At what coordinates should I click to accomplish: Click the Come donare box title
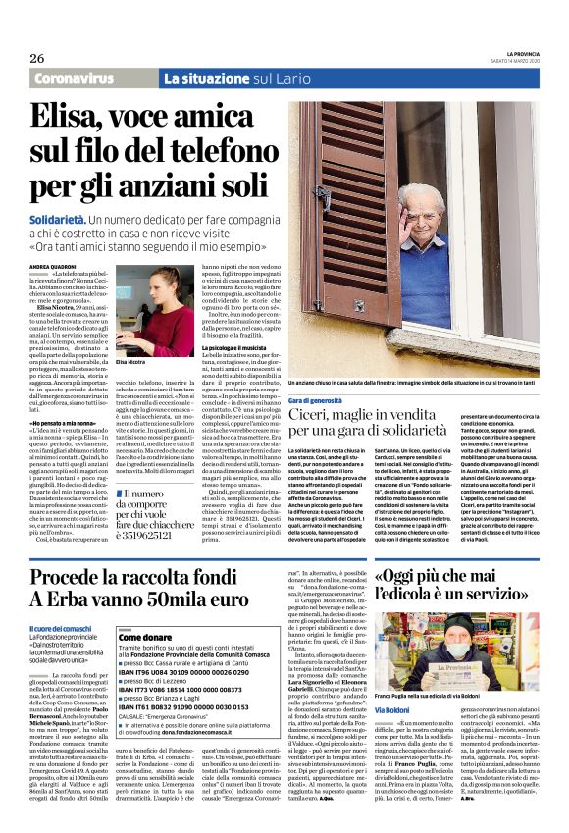[x=145, y=637]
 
